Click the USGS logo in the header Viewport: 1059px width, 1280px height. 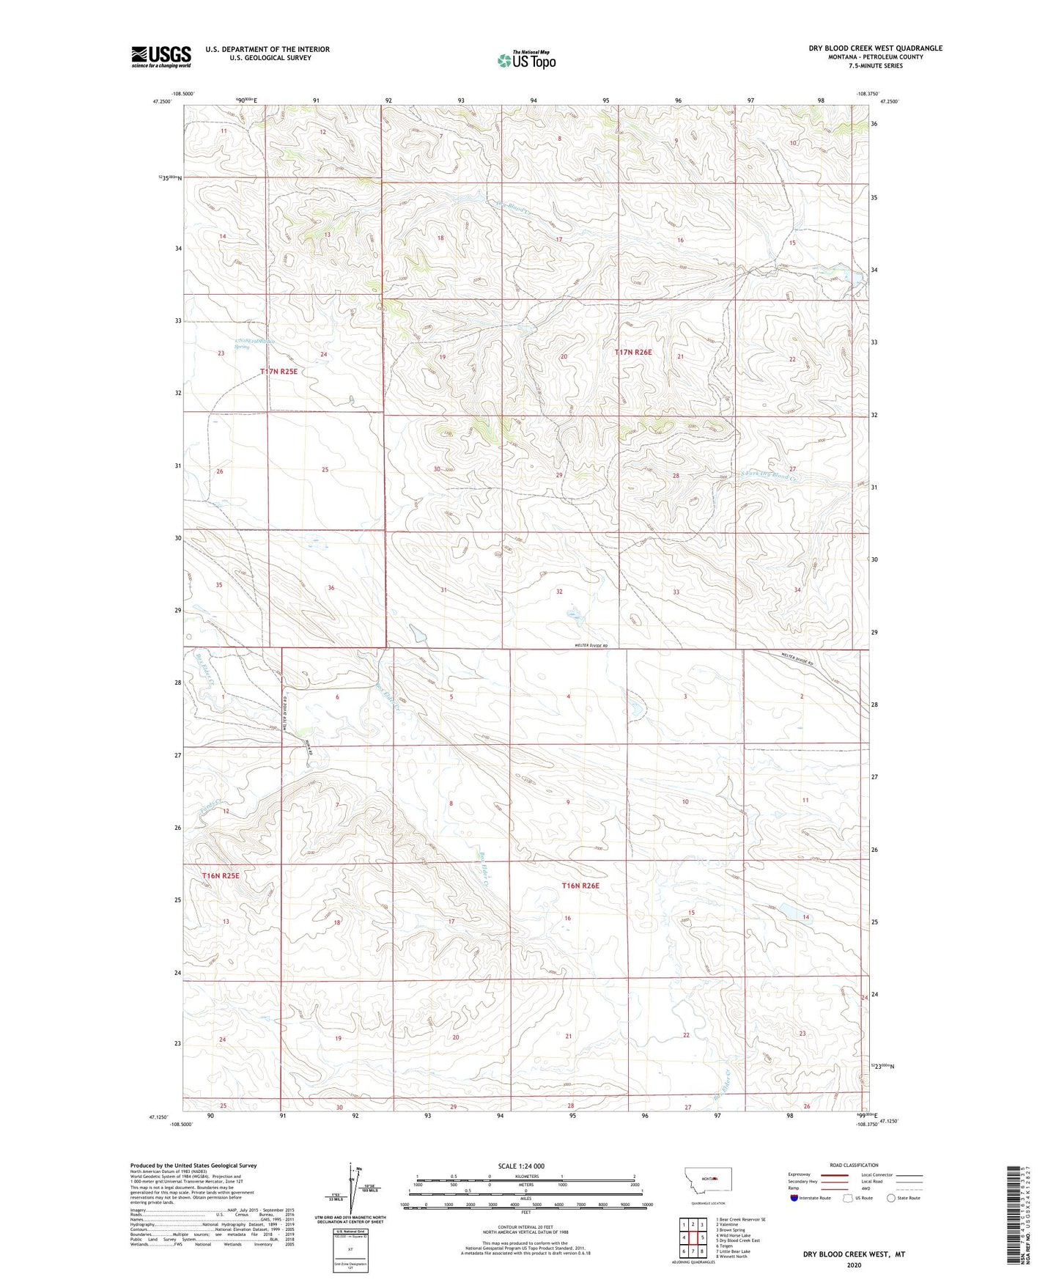[x=161, y=56]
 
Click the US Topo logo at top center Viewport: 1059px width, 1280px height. [x=526, y=60]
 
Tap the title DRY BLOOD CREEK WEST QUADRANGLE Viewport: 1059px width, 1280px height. [x=875, y=48]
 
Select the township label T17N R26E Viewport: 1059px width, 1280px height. [x=632, y=353]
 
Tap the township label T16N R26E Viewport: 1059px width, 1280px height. [x=580, y=886]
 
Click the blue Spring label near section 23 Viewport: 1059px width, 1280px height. [x=242, y=347]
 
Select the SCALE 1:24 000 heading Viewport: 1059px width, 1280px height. [x=521, y=1166]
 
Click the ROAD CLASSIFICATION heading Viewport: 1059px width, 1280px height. [x=854, y=1165]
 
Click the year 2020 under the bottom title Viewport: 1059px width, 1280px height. [x=854, y=1265]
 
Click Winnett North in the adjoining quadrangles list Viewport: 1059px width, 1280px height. [x=732, y=1256]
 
